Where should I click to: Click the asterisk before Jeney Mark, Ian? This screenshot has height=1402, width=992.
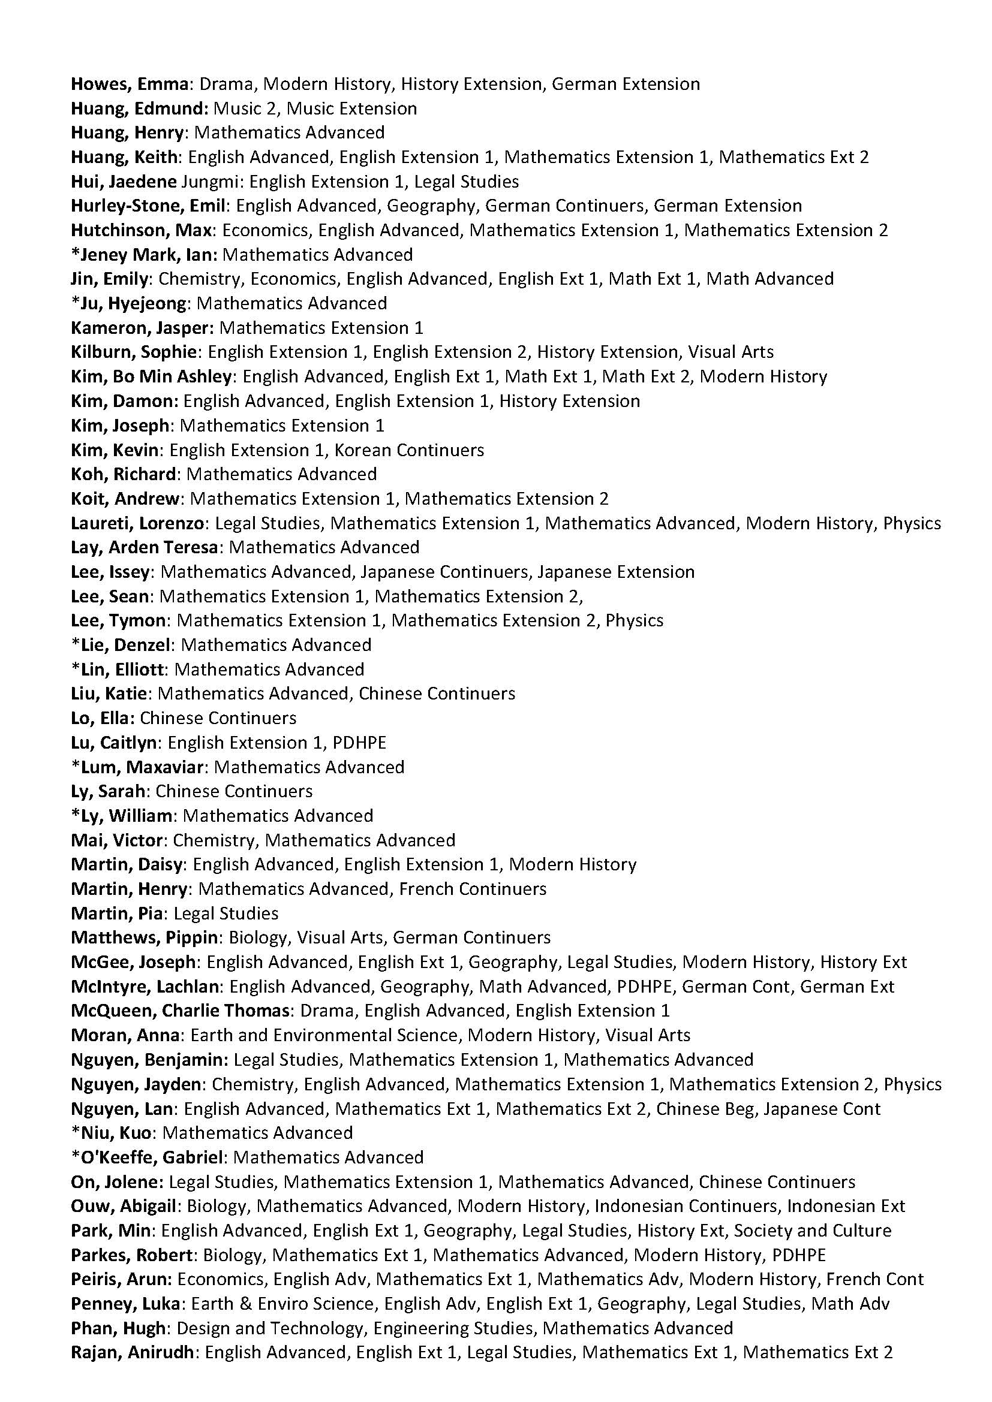[x=75, y=253]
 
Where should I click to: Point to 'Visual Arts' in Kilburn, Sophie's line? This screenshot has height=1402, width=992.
[x=731, y=352]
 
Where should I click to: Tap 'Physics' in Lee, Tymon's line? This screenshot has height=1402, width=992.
[x=634, y=621]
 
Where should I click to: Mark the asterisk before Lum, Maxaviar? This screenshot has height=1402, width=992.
[x=75, y=765]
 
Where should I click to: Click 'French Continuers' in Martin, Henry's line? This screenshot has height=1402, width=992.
[x=472, y=889]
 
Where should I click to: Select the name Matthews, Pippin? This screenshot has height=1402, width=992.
[x=144, y=938]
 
